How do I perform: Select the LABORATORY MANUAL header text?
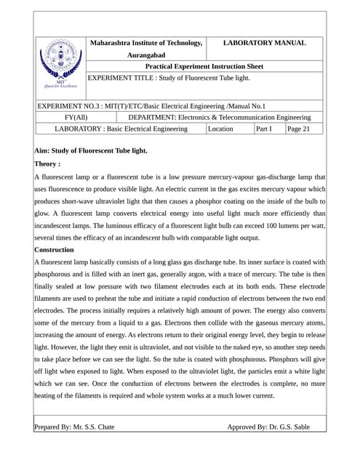click(x=264, y=43)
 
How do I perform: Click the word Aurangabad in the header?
click(x=145, y=54)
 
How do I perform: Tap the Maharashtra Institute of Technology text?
click(x=145, y=43)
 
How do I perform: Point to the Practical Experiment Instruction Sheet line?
click(x=204, y=66)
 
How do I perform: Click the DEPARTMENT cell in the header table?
click(x=219, y=117)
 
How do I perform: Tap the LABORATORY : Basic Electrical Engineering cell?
click(x=121, y=129)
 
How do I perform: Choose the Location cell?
click(x=221, y=129)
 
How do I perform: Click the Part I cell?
click(x=263, y=129)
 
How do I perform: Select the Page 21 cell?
click(x=298, y=129)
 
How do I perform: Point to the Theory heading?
click(x=47, y=164)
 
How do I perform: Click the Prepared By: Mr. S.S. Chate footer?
click(x=74, y=427)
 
